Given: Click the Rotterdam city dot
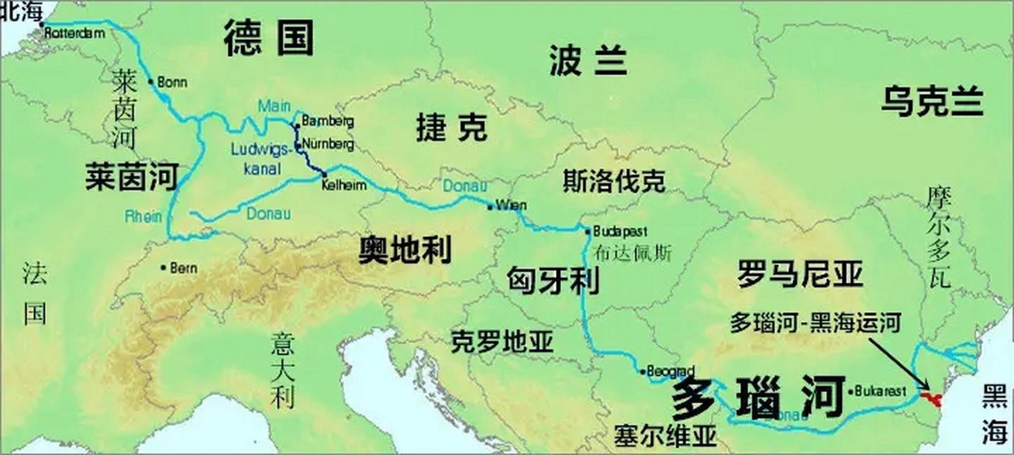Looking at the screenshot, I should click(x=42, y=25).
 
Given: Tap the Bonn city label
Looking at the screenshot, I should click(x=172, y=83).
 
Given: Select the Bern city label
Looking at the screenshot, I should click(x=183, y=268).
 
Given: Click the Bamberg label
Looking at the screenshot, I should click(x=327, y=121).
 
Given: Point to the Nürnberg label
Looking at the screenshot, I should click(x=327, y=144).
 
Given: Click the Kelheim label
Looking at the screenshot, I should click(x=344, y=185).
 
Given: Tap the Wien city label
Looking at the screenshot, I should click(x=511, y=205).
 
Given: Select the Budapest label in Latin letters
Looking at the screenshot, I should click(x=620, y=231).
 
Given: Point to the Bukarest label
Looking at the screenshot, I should click(x=880, y=391).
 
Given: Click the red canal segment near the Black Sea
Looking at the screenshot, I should click(x=931, y=398).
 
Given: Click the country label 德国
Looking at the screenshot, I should click(x=269, y=39).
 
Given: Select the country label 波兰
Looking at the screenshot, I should click(x=588, y=61).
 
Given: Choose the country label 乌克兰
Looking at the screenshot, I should click(x=932, y=102).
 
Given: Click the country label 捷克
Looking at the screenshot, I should click(x=451, y=127).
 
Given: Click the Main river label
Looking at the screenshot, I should click(x=274, y=106).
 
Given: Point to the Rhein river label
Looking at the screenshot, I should click(x=143, y=216).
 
